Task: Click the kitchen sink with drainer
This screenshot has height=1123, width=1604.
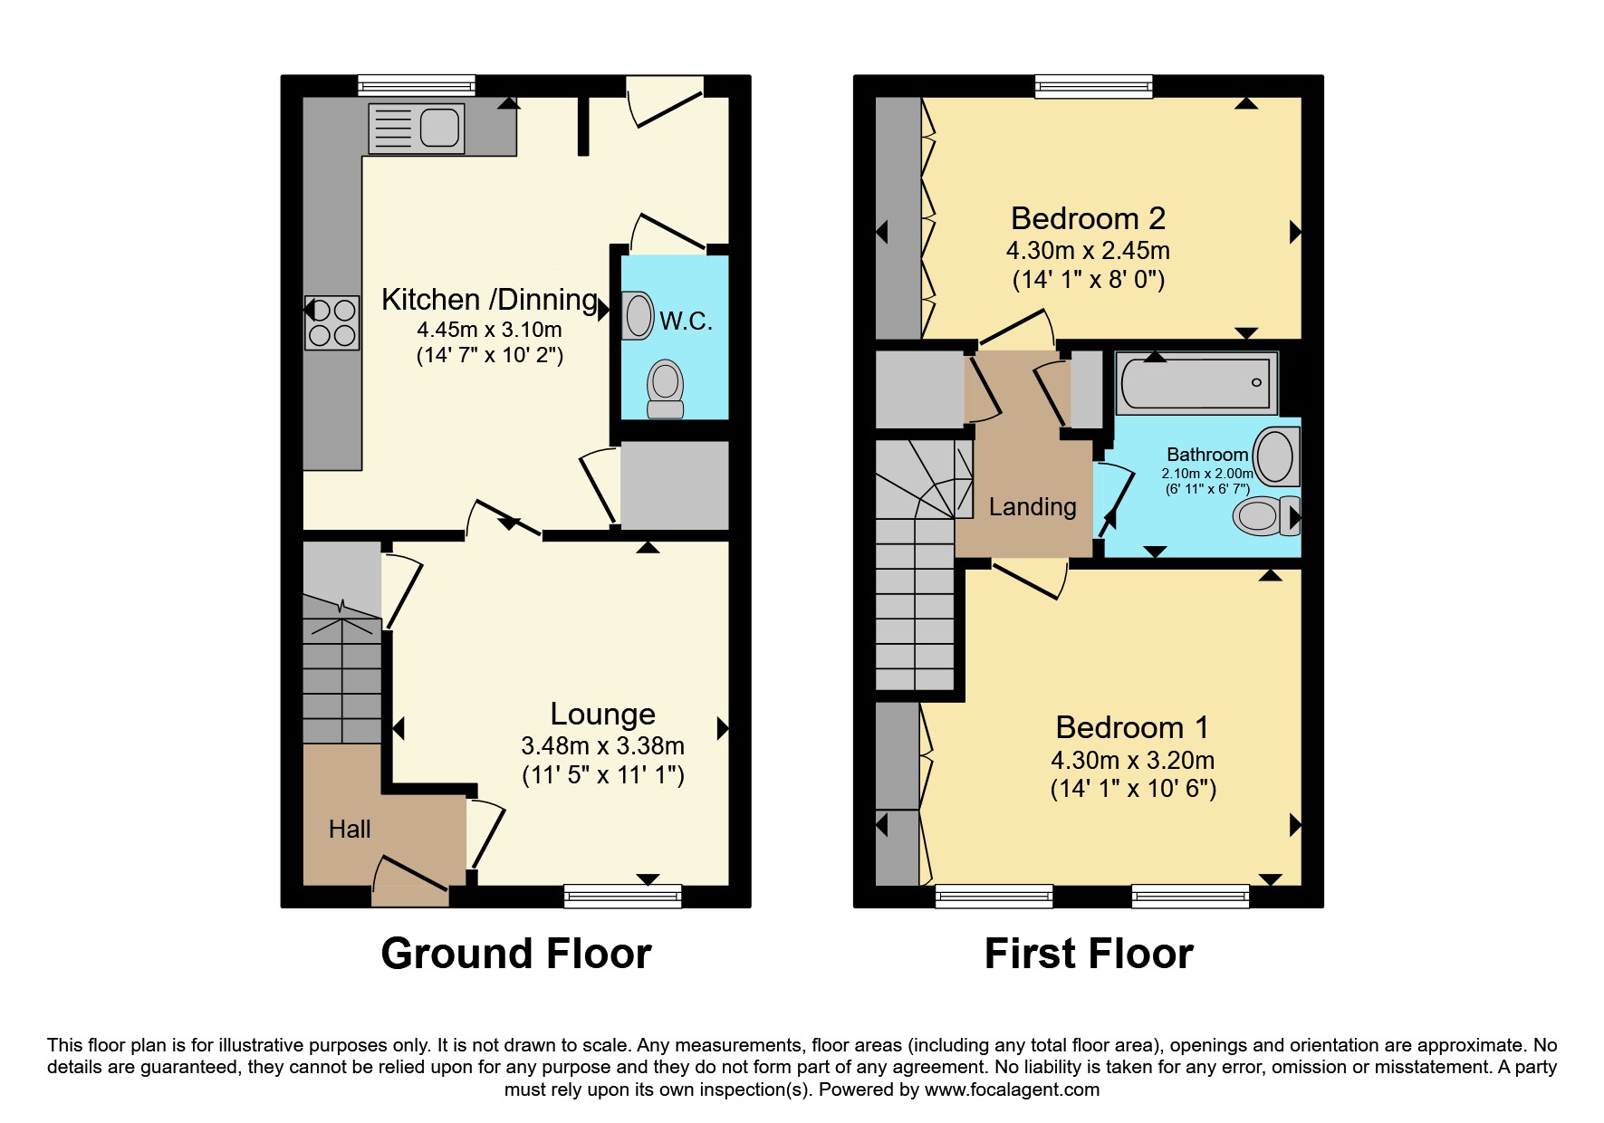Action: [417, 128]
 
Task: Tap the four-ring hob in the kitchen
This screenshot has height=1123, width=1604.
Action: [332, 323]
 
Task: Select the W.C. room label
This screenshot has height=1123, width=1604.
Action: [686, 321]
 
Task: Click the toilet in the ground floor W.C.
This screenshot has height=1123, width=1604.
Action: [666, 389]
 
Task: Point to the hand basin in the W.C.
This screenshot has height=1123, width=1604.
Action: [638, 315]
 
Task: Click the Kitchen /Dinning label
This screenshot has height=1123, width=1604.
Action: [490, 299]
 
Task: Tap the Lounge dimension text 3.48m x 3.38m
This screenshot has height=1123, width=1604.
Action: [602, 746]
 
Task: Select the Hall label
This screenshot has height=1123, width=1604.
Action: [350, 830]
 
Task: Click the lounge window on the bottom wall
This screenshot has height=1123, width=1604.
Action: [622, 897]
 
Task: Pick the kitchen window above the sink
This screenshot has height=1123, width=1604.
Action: [417, 86]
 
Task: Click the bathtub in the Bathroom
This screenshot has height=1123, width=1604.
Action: [1196, 383]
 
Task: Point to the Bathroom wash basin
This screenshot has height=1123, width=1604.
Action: [1277, 456]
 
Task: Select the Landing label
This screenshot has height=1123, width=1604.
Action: [1033, 507]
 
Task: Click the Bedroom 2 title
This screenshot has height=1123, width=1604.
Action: [1088, 218]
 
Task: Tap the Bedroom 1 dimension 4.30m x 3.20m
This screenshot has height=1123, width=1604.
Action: [1133, 761]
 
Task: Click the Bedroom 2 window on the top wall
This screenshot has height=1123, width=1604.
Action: [1095, 86]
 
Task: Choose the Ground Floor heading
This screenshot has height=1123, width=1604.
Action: [516, 954]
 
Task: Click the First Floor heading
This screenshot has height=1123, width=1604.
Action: [1089, 954]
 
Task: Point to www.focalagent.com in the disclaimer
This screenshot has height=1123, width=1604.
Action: [1012, 1090]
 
